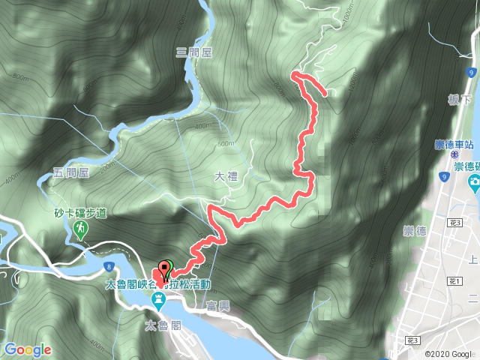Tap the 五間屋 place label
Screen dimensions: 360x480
pyautogui.click(x=71, y=172)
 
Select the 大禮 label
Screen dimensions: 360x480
pyautogui.click(x=225, y=177)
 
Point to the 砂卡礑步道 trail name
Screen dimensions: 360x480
pyautogui.click(x=79, y=213)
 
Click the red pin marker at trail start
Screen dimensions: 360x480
pyautogui.click(x=163, y=268)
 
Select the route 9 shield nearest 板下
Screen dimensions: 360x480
pyautogui.click(x=470, y=73)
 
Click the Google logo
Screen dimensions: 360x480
pyautogui.click(x=27, y=349)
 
